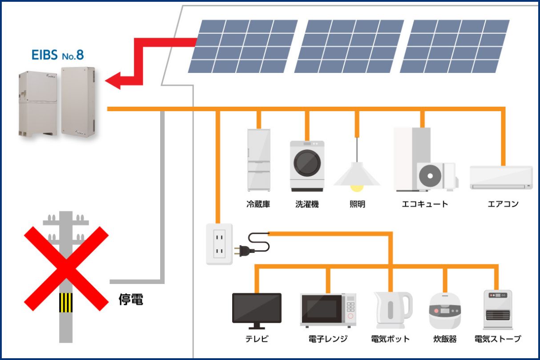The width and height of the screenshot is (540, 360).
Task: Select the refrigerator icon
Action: tap(258, 160)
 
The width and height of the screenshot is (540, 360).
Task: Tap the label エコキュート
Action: tap(425, 204)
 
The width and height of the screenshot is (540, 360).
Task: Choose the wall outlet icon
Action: tap(219, 244)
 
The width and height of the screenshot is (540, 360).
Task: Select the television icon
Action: tap(257, 308)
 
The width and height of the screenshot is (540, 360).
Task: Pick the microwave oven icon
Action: tap(328, 310)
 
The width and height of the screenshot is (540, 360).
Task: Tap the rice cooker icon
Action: tap(445, 311)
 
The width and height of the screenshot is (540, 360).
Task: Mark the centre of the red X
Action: tap(66, 268)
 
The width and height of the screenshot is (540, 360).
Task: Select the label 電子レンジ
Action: tap(328, 339)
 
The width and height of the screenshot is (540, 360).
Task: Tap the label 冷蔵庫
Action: tap(258, 204)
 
